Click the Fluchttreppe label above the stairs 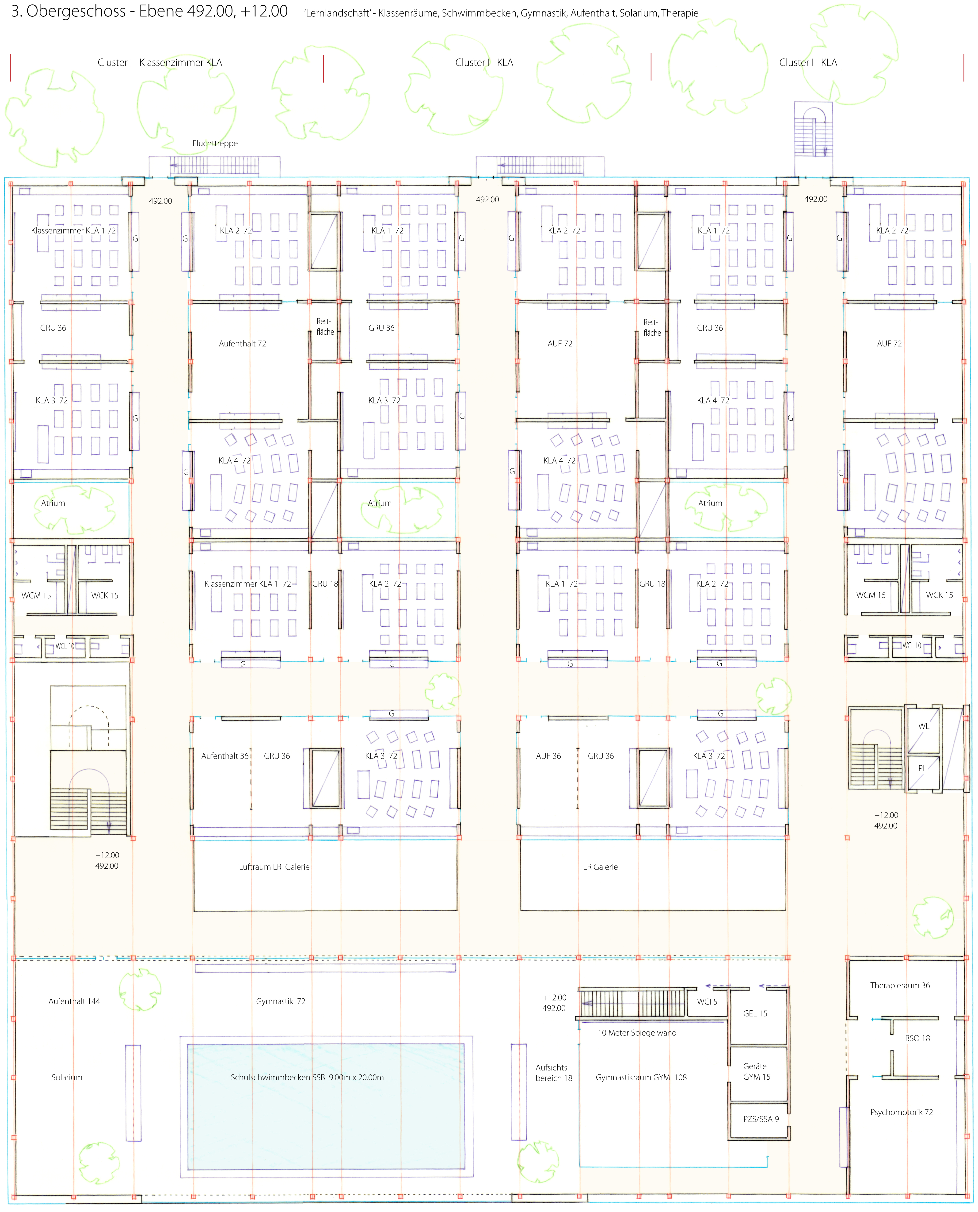tap(215, 143)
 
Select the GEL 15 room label tap(755, 1013)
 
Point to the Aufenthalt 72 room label tap(242, 343)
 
